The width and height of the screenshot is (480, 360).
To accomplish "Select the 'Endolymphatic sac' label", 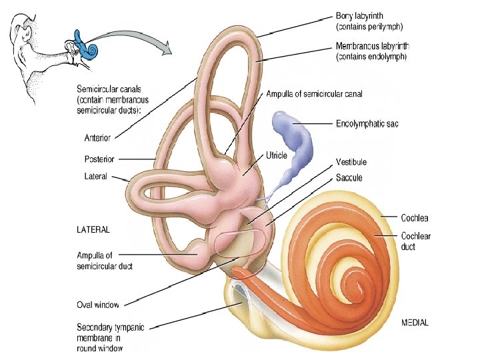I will point(367,123).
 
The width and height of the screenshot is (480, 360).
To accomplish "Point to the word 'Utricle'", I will point(276,155).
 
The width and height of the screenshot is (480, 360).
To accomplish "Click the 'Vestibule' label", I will point(351,162).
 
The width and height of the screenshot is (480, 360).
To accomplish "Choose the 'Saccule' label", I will point(349,178).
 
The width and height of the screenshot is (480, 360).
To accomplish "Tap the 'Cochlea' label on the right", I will point(414,217).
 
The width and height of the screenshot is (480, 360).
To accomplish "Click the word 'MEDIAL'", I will point(415,323).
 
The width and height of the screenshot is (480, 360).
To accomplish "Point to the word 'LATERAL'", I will point(94,229).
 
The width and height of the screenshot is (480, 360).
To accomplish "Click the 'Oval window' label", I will point(97,305).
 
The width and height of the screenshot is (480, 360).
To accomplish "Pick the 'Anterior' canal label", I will point(97,138).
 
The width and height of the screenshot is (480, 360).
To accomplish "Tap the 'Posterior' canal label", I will point(99,159).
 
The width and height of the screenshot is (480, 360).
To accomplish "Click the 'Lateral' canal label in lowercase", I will point(96,177).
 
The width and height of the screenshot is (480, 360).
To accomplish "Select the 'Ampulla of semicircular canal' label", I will point(314,94).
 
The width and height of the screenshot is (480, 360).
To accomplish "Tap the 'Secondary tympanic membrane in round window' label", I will point(110,337).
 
